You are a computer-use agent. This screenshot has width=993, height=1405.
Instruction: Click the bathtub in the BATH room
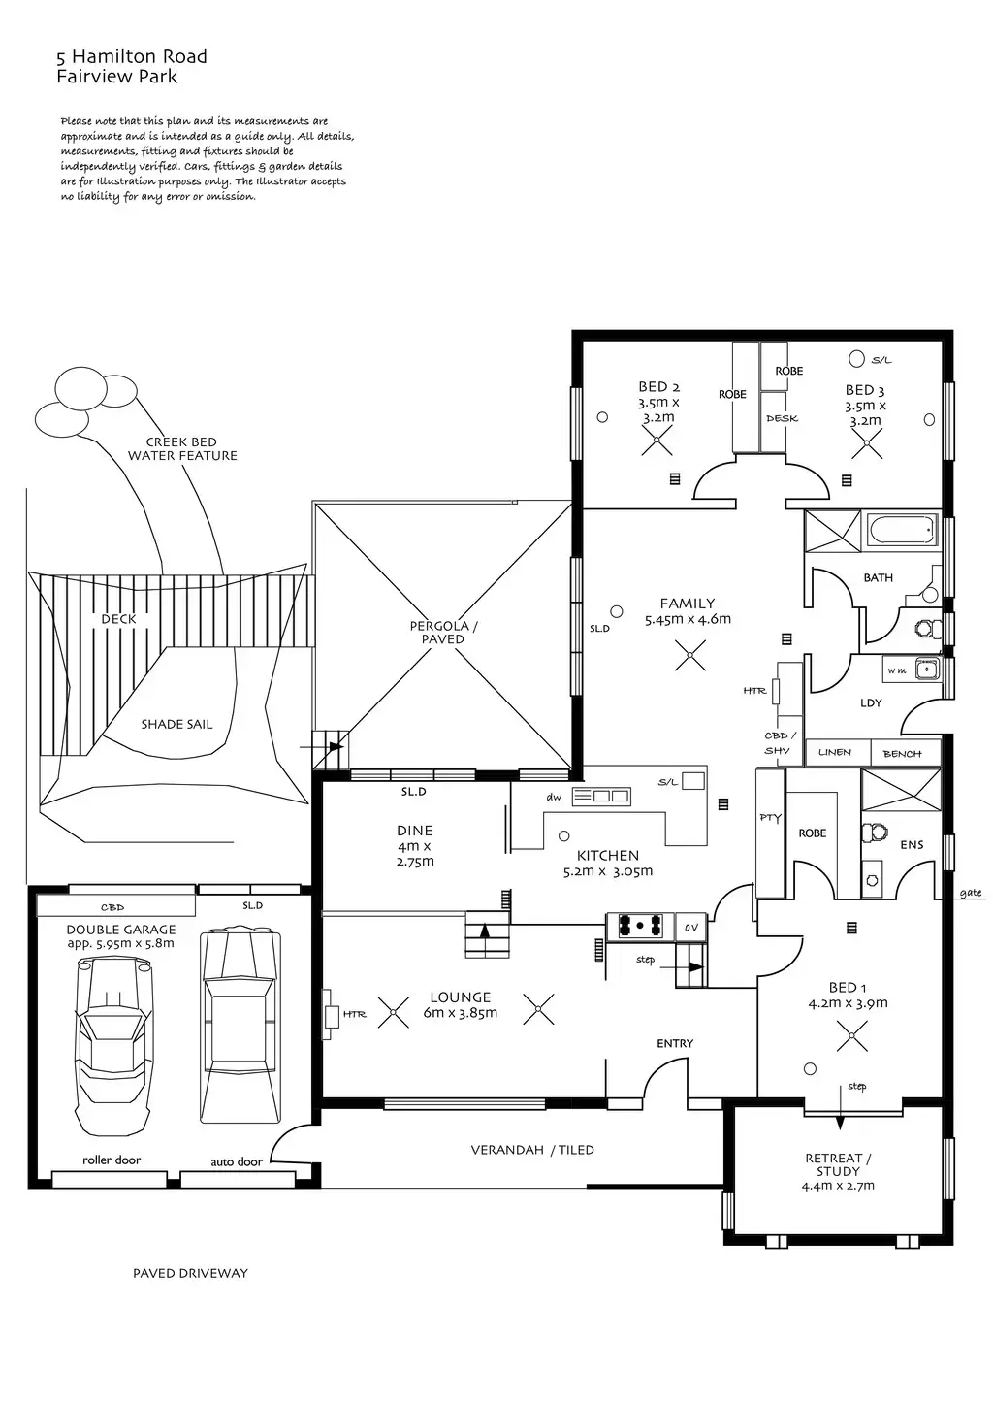pyautogui.click(x=902, y=531)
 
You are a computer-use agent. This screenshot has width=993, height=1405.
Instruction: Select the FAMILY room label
pyautogui.click(x=688, y=604)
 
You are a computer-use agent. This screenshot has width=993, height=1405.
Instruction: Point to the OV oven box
pyautogui.click(x=690, y=927)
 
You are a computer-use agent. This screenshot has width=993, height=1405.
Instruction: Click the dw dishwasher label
pyautogui.click(x=554, y=797)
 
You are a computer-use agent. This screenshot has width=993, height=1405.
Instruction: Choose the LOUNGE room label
pyautogui.click(x=461, y=997)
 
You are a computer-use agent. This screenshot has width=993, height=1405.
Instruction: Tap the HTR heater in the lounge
pyautogui.click(x=354, y=1014)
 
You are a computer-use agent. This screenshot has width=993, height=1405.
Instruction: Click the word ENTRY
pyautogui.click(x=675, y=1043)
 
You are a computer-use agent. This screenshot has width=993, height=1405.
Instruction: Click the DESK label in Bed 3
pyautogui.click(x=782, y=418)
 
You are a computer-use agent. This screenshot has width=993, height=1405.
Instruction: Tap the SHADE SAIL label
pyautogui.click(x=176, y=724)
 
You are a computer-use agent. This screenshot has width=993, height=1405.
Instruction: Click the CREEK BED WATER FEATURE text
pyautogui.click(x=182, y=448)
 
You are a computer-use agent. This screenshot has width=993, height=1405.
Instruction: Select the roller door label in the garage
pyautogui.click(x=112, y=1160)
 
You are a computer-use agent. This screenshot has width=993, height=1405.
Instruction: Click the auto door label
pyautogui.click(x=237, y=1161)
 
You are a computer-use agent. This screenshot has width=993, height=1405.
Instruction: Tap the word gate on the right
pyautogui.click(x=970, y=893)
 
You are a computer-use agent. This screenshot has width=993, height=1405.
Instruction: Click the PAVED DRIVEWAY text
pyautogui.click(x=190, y=1273)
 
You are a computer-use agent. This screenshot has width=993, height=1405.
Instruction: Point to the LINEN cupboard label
pyautogui.click(x=834, y=752)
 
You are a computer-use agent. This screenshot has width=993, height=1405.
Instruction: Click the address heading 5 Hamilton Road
pyautogui.click(x=132, y=57)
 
